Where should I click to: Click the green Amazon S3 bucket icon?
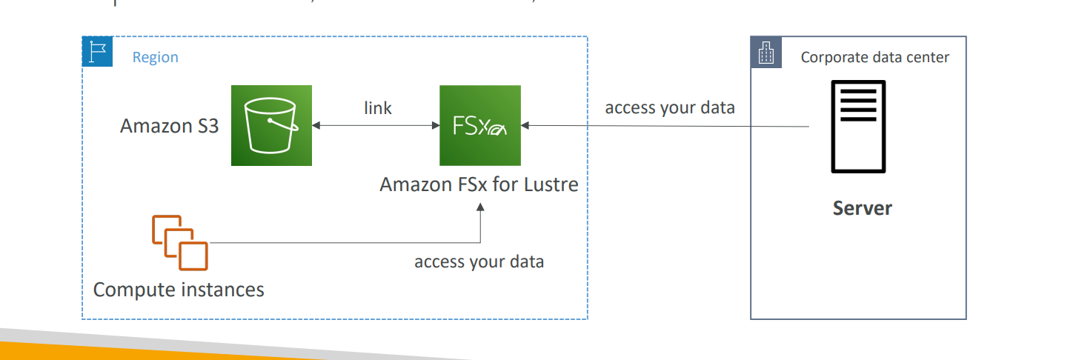click(x=270, y=125)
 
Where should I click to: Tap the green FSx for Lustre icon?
click(x=479, y=125)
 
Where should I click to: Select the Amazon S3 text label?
click(x=170, y=126)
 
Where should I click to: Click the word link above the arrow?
click(x=378, y=108)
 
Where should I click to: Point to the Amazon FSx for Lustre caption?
click(x=479, y=184)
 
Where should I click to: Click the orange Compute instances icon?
click(x=180, y=242)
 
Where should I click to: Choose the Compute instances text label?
click(x=179, y=289)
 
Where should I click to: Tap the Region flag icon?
click(x=97, y=52)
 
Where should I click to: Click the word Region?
click(x=155, y=57)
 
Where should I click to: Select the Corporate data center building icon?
click(x=766, y=53)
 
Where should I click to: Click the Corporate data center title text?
click(x=874, y=57)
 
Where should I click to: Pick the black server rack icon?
click(x=857, y=127)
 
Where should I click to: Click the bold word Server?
click(x=862, y=208)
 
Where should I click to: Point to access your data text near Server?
click(x=669, y=107)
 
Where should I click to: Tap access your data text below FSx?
click(x=479, y=261)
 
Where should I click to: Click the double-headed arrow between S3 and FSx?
click(x=376, y=126)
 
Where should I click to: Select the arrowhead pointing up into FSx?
click(x=480, y=209)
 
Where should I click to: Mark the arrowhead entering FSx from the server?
click(x=525, y=126)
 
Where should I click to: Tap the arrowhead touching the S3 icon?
click(x=316, y=126)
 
